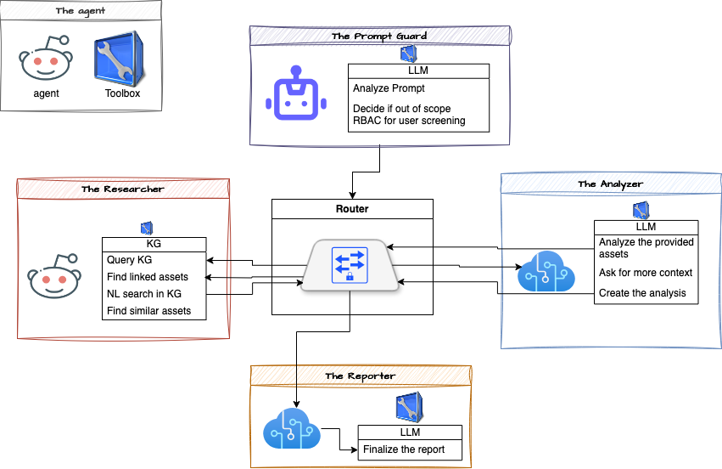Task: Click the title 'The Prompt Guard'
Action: tap(379, 36)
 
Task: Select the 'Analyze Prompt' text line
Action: tap(389, 88)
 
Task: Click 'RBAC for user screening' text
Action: tap(409, 121)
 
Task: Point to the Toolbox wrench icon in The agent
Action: tap(117, 58)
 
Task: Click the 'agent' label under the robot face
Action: tap(46, 93)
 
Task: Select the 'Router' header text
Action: tap(352, 208)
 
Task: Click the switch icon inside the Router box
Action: tap(350, 266)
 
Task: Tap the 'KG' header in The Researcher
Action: tap(154, 244)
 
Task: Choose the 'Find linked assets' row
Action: tap(148, 277)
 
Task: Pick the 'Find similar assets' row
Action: tap(149, 311)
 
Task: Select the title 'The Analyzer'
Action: tap(610, 184)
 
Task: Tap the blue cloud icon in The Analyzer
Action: tap(544, 272)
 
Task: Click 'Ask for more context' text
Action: tap(646, 273)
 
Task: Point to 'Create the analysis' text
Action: tap(642, 294)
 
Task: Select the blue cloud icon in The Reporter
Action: tap(289, 428)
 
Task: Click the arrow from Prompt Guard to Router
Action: tap(351, 178)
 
